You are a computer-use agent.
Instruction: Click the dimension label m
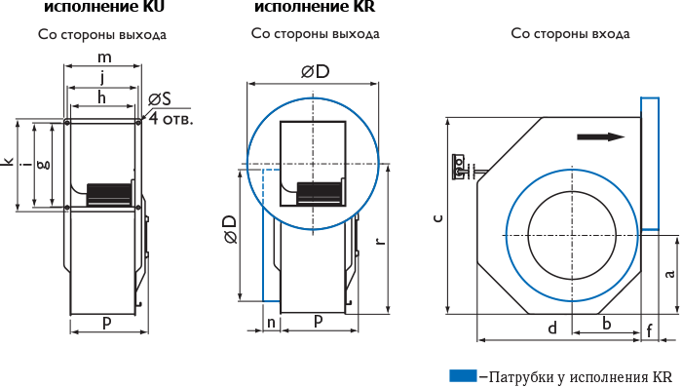click(x=104, y=58)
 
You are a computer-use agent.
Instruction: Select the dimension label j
click(x=102, y=78)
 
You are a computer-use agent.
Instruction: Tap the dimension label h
click(x=101, y=97)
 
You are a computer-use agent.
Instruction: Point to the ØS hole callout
click(x=160, y=99)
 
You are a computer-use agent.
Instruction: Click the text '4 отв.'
click(x=170, y=118)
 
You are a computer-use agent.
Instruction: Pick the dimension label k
click(x=8, y=162)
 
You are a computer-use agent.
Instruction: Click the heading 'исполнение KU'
click(x=104, y=7)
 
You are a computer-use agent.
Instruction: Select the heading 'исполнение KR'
click(x=315, y=7)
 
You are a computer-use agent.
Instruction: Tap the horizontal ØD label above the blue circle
click(x=316, y=72)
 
